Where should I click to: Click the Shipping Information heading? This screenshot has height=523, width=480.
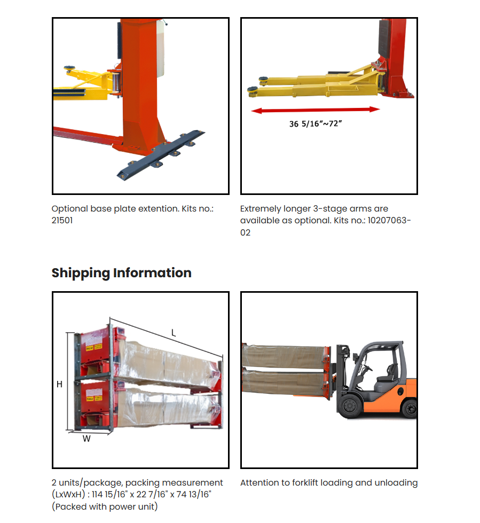coord(121,273)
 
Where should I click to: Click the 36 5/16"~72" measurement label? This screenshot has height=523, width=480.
coord(315,124)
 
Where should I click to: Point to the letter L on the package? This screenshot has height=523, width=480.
coord(174,333)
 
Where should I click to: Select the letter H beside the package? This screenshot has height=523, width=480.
coord(59,384)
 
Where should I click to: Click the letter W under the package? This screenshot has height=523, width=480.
coord(86,439)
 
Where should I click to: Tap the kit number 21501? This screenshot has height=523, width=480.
coord(62,221)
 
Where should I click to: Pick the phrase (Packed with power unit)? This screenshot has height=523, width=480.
coord(105,507)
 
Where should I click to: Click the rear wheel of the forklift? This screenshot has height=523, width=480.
coord(410,409)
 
